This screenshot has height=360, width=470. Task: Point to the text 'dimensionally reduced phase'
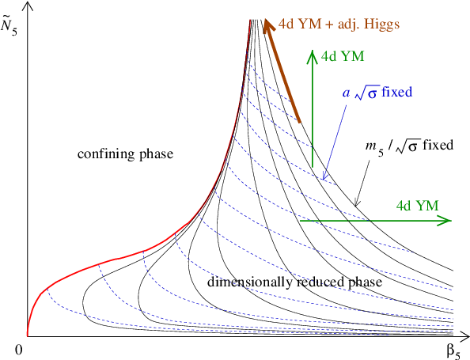coord(294,282)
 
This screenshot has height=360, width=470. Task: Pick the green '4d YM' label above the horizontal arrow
coord(417,205)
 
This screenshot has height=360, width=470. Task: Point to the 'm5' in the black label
coord(373,146)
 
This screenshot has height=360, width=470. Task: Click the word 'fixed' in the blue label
coord(396,92)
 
